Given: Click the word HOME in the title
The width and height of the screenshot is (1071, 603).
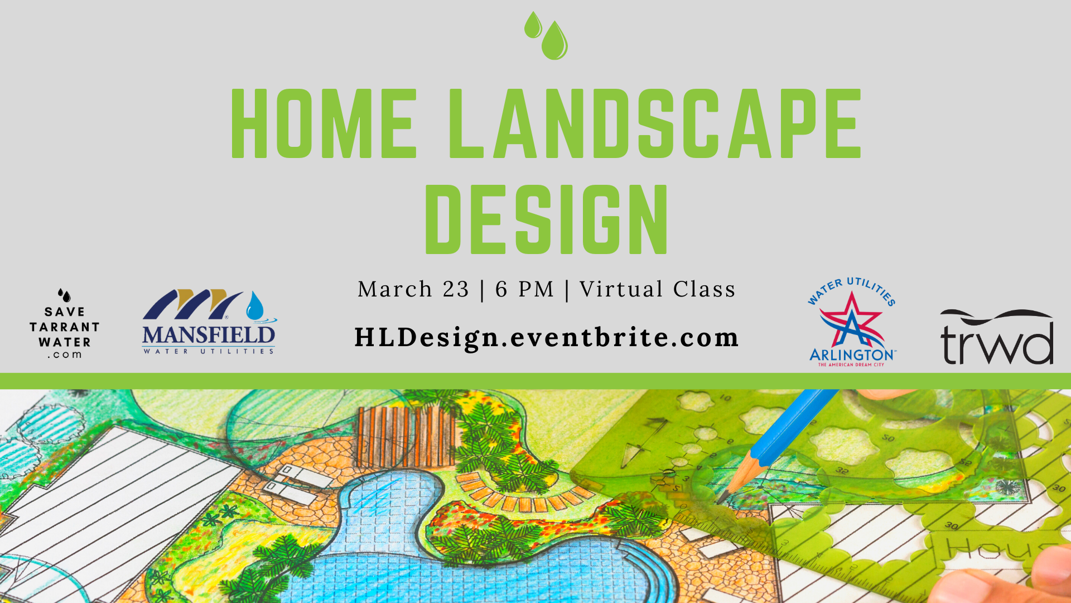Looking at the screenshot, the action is pos(324,123).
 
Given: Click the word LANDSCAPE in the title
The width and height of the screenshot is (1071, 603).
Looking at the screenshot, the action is pos(655,123).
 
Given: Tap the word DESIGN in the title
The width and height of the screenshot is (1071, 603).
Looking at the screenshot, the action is pos(547,219).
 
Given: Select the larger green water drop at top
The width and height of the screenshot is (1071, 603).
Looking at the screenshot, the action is pos(554,41).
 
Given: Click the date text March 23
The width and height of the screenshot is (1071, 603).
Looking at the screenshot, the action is pos(413,289).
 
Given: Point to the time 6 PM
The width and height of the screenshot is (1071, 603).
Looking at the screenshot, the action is pos(525,289).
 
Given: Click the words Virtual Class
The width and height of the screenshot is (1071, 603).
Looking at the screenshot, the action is pos(658,289).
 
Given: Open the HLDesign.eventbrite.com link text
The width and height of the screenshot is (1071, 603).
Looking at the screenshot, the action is pos(547,338).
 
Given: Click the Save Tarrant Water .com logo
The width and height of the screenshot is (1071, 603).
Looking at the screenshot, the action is pos(65,324).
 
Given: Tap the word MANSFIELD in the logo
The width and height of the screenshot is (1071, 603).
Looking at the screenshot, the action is pos(209,335).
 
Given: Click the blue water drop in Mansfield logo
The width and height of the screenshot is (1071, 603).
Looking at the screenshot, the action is pos(255,306).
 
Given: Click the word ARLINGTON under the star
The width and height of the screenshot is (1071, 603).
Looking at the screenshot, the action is pos(852,355).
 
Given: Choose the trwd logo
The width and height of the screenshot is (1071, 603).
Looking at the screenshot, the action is pos(997,337).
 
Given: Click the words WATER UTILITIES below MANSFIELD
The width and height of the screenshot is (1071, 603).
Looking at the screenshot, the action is pos(209,351).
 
